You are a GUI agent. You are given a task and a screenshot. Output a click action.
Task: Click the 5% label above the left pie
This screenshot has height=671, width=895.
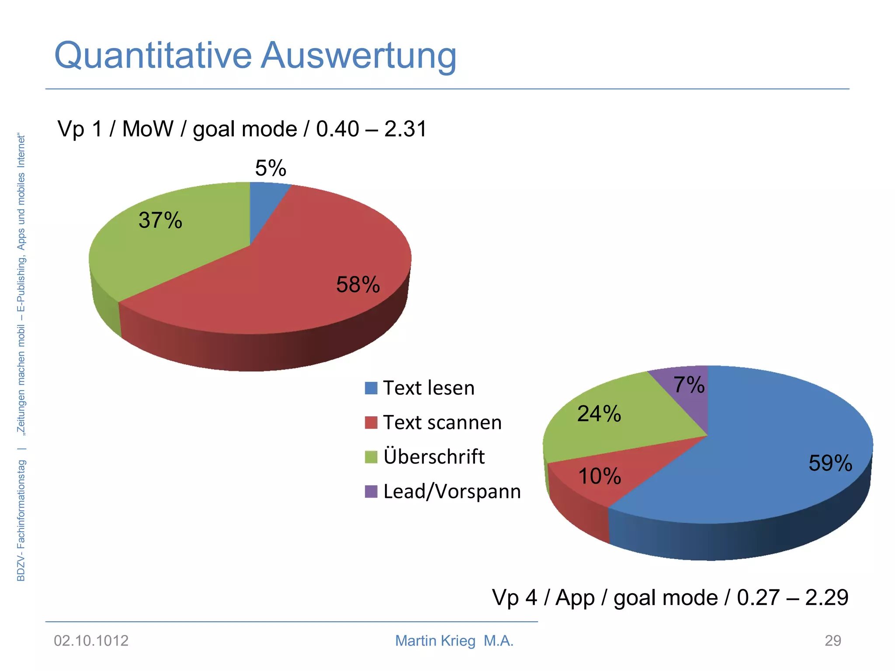[x=271, y=168]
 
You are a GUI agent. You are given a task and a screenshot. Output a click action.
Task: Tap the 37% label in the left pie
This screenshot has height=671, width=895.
[x=160, y=220]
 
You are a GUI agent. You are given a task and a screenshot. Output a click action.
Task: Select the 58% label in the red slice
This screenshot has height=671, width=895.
[x=358, y=285]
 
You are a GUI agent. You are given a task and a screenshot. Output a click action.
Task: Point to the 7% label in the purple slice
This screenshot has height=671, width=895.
[x=689, y=385]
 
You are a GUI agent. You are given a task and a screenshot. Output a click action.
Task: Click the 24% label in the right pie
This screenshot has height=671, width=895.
[x=599, y=414]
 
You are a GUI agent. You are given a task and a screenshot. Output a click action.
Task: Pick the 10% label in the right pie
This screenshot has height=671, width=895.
[x=600, y=476]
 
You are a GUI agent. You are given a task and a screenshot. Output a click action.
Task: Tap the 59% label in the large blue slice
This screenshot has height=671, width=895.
[x=830, y=463]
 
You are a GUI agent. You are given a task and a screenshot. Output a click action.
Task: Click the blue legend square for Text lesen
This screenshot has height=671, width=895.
[x=371, y=388]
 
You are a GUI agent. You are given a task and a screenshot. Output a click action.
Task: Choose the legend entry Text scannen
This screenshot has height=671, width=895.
[x=442, y=422]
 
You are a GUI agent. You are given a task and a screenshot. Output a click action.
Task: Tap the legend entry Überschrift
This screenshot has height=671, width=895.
[x=434, y=457]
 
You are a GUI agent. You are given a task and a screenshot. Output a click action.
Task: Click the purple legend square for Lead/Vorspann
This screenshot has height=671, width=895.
[x=371, y=491]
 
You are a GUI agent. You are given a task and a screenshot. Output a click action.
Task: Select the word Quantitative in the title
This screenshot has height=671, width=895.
[x=153, y=56]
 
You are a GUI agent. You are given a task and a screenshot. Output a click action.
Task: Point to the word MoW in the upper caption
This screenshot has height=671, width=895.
[x=148, y=129]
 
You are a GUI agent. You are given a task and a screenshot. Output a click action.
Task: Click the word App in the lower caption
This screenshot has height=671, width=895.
[x=575, y=598]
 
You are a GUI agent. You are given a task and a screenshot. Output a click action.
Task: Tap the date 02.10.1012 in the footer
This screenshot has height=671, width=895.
[x=91, y=641]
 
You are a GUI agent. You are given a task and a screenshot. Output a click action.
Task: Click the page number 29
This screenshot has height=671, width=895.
[x=833, y=641]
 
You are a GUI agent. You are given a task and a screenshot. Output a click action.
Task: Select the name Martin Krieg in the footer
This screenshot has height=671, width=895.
[x=435, y=641]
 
